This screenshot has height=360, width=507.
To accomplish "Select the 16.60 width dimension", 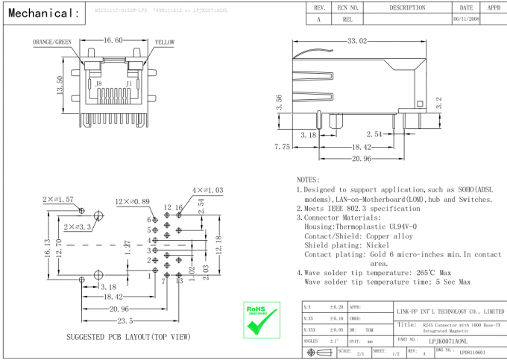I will pos(114,40).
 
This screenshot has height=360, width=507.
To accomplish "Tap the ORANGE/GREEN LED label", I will pos(51,43).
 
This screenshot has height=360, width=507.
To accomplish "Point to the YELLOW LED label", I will pos(164,43).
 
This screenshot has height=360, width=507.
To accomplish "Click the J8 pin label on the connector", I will pos(98,84).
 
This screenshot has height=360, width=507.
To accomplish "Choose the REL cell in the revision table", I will pos(347,20).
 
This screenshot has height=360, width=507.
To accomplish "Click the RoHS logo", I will pos(260,316).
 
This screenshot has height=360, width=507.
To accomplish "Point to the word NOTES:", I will pos(307,180).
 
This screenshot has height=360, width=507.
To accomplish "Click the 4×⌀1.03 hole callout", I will pos(209,192).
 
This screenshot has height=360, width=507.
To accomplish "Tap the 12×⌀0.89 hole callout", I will pos(132,202).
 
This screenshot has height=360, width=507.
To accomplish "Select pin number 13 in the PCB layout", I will pos(179,281).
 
